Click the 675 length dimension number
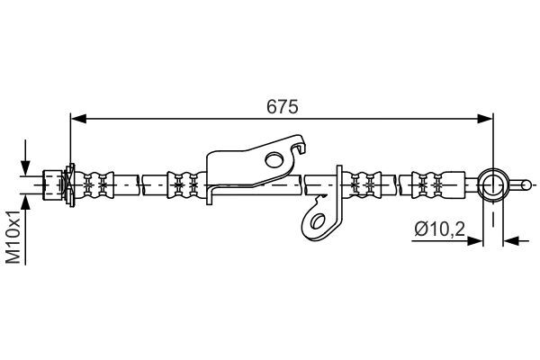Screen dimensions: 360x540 pyautogui.click(x=282, y=105)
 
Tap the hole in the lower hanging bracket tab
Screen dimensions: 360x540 pyautogui.click(x=316, y=219)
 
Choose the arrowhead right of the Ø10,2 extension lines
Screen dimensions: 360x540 pyautogui.click(x=512, y=240)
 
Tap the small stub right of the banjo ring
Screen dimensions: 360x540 pyautogui.click(x=519, y=184)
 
